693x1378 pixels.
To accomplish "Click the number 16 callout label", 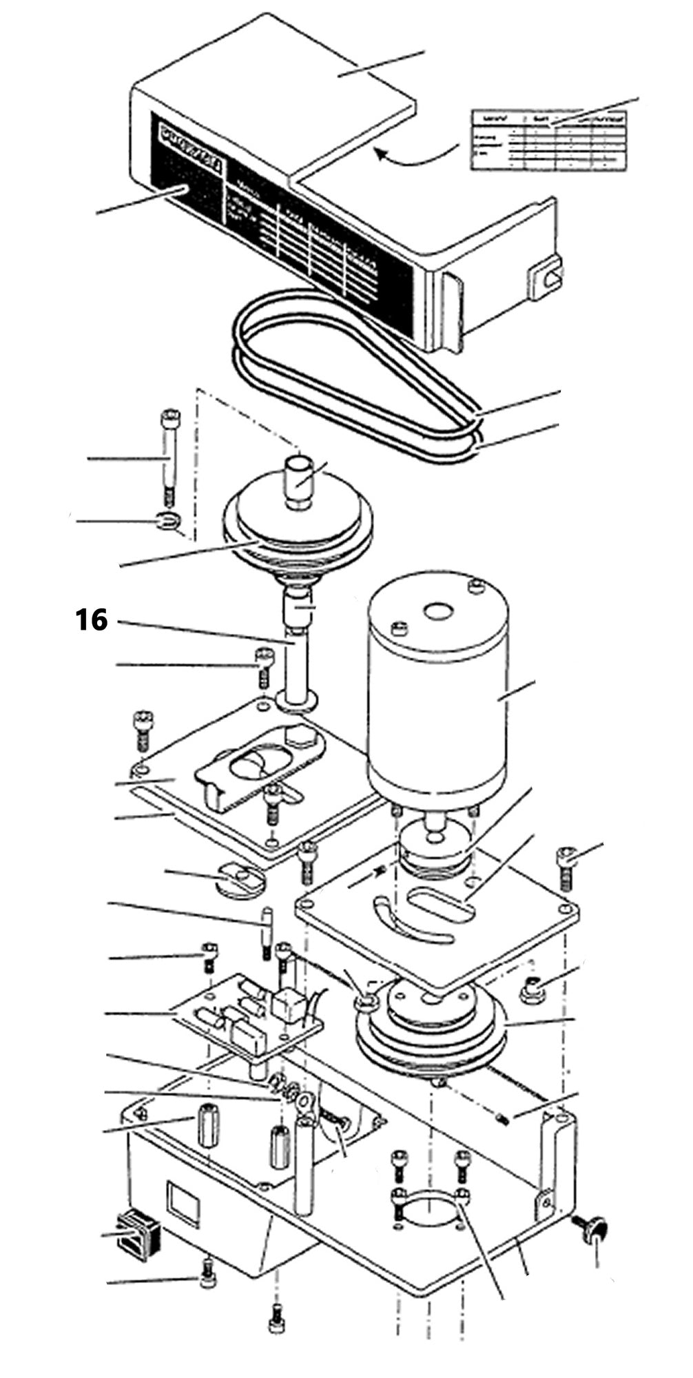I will pos(92,620).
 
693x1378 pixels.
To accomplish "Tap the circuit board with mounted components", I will pos(248,1013).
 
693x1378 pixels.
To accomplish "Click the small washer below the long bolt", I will pos(168,521).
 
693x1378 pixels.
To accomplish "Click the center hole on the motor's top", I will pos(437,611).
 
